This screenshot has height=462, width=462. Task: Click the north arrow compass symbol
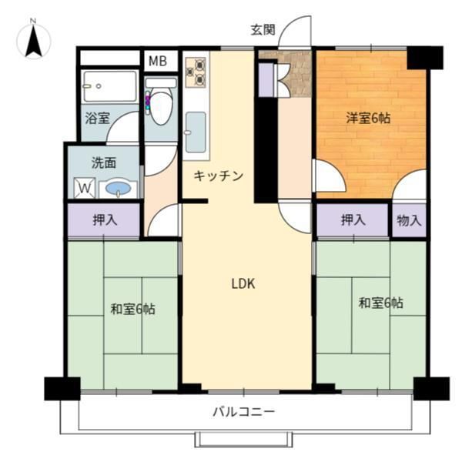click(33, 39)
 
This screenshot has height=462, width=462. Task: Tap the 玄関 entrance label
click(262, 31)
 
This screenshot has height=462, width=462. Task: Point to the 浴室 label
click(97, 119)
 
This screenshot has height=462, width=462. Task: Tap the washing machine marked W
click(84, 188)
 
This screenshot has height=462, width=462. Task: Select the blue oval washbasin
click(118, 188)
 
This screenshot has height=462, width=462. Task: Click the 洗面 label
click(104, 163)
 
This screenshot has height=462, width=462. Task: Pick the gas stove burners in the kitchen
click(194, 72)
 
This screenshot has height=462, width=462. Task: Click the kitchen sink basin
click(196, 131)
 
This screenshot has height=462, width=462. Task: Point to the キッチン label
click(218, 176)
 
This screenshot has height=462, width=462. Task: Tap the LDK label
click(243, 283)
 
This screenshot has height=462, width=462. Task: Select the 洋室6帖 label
click(367, 118)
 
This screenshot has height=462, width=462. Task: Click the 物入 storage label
click(409, 220)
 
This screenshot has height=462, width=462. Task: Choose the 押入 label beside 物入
click(353, 220)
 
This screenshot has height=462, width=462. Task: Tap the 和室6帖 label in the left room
click(132, 309)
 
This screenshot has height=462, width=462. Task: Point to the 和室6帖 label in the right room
click(380, 303)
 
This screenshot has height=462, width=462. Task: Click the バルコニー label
click(243, 412)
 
